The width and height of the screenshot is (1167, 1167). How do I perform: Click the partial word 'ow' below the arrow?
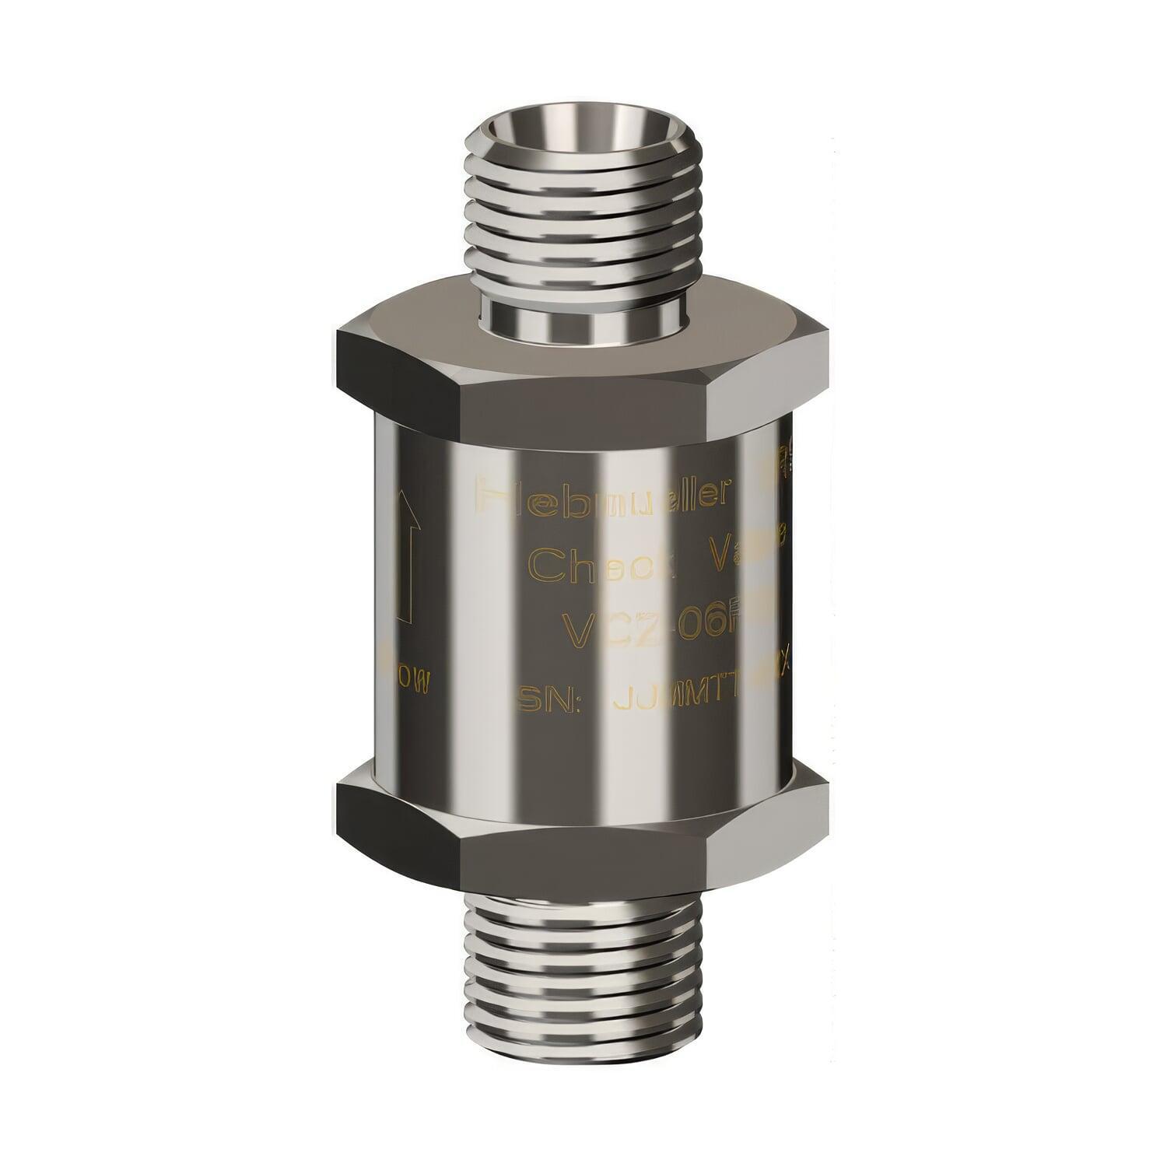point(410,683)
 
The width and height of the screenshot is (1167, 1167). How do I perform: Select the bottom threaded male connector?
point(583,972)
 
